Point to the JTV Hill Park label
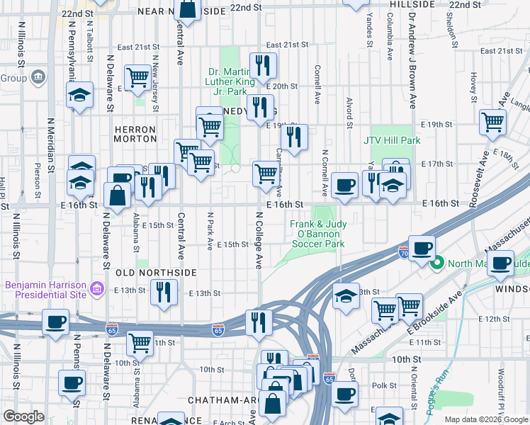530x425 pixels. point(392,140)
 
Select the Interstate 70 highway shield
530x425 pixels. point(402,253)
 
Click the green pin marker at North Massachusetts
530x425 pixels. point(438,263)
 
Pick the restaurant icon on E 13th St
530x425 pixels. point(164,292)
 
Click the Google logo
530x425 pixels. point(23,416)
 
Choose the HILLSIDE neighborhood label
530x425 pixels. point(412,4)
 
